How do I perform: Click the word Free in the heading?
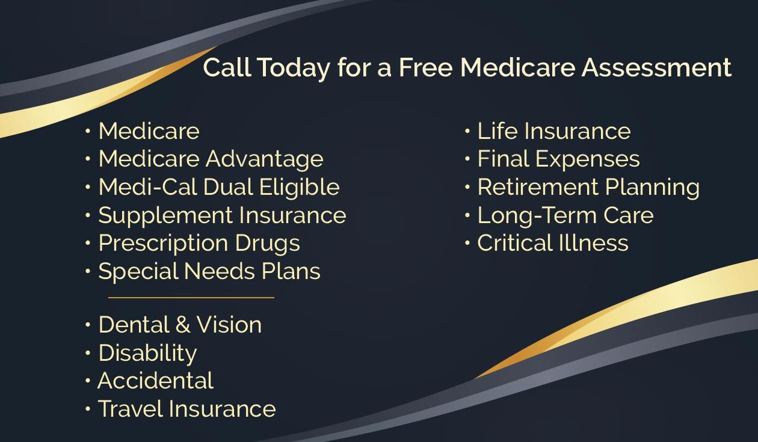click(x=426, y=67)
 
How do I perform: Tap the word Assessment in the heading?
click(x=656, y=67)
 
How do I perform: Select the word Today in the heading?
click(x=294, y=69)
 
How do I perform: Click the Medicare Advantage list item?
click(x=211, y=159)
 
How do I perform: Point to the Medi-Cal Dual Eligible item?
click(x=219, y=188)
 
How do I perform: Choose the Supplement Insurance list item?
click(x=223, y=216)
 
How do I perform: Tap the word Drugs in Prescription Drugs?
click(x=267, y=244)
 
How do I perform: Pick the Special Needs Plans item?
click(x=209, y=272)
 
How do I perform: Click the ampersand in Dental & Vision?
click(x=183, y=325)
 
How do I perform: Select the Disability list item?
click(x=147, y=354)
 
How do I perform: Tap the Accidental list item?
click(x=156, y=381)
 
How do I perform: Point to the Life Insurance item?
click(x=554, y=131)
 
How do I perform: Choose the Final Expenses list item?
click(x=559, y=159)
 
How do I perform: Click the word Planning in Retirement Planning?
click(x=652, y=188)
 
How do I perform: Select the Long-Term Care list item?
click(x=565, y=216)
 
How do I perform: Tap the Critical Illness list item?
click(x=553, y=243)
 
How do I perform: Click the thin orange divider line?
click(x=191, y=298)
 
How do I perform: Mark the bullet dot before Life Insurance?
click(x=467, y=131)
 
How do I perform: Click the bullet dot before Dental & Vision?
click(x=88, y=325)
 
